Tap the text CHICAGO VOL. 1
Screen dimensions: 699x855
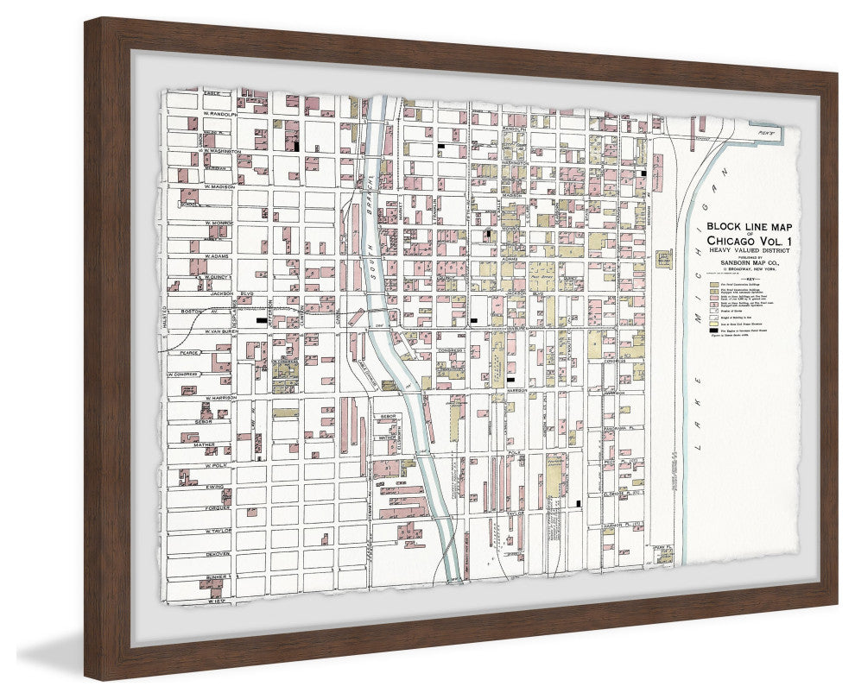click(748, 240)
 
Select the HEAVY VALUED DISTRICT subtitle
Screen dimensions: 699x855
click(748, 249)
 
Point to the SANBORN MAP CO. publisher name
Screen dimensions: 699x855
click(748, 262)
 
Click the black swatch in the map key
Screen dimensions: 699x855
click(713, 331)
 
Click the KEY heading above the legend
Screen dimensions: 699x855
click(748, 279)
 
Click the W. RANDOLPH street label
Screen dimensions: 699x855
click(218, 113)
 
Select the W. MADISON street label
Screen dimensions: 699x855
click(219, 186)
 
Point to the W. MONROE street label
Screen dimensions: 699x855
click(219, 222)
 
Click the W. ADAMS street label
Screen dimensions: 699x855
click(217, 257)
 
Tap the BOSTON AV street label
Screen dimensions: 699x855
click(190, 311)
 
